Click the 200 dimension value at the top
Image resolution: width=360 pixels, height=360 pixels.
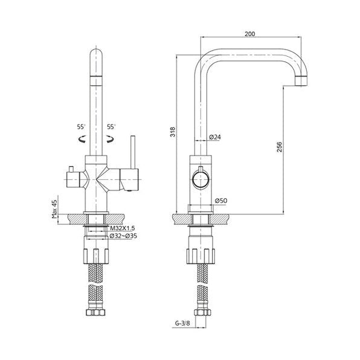coord(249,34)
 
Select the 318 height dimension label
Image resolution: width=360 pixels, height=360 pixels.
coord(173,132)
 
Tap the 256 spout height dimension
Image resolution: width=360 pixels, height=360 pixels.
coord(279,147)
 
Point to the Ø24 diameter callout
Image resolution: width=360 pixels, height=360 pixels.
coord(215,137)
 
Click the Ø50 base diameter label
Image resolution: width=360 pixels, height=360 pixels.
coord(221,201)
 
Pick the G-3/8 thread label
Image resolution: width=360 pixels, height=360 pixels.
coord(182,323)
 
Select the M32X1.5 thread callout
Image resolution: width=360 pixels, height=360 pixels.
coord(123,228)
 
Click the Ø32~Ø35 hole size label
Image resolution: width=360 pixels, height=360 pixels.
coord(123,236)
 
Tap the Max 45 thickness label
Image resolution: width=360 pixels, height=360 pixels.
coord(54,209)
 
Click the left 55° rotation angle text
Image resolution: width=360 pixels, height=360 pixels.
coord(82,127)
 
